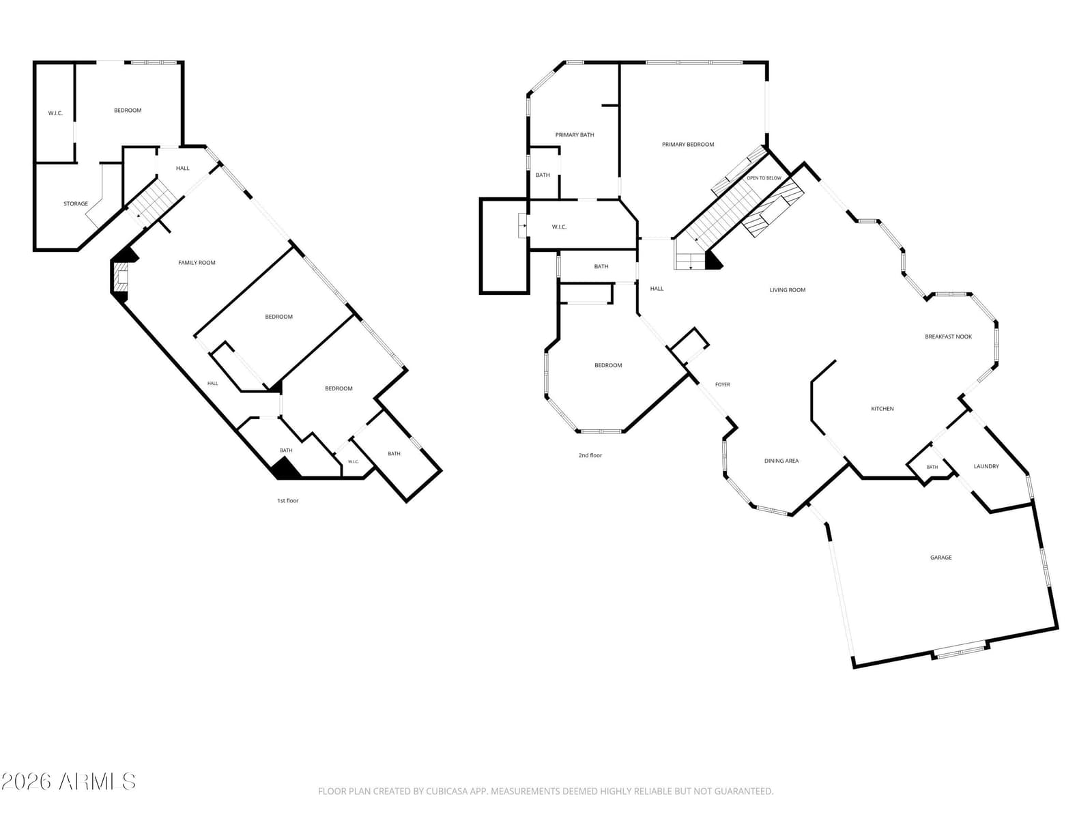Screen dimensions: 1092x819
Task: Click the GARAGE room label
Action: click(x=940, y=558)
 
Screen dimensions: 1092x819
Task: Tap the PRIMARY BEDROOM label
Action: click(x=687, y=144)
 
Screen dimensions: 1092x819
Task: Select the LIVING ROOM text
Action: click(x=787, y=290)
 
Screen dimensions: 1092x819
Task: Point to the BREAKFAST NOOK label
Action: click(x=948, y=336)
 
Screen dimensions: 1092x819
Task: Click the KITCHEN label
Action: click(x=882, y=409)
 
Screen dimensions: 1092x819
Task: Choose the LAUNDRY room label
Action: click(x=986, y=466)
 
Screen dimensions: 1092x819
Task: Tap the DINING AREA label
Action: click(x=781, y=461)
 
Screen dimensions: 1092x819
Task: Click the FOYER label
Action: click(x=722, y=384)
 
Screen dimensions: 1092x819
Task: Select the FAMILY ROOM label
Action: click(x=197, y=263)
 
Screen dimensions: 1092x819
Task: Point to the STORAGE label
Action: click(x=76, y=203)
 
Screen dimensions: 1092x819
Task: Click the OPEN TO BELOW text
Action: click(x=764, y=178)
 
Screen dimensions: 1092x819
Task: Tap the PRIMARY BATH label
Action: click(x=575, y=134)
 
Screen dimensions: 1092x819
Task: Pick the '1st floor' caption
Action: click(x=287, y=501)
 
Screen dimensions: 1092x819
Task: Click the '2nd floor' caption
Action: click(x=590, y=455)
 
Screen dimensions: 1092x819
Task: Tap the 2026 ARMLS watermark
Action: click(x=68, y=781)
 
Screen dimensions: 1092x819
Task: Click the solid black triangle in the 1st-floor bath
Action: click(x=285, y=469)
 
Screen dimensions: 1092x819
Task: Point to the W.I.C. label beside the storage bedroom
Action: click(x=55, y=113)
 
